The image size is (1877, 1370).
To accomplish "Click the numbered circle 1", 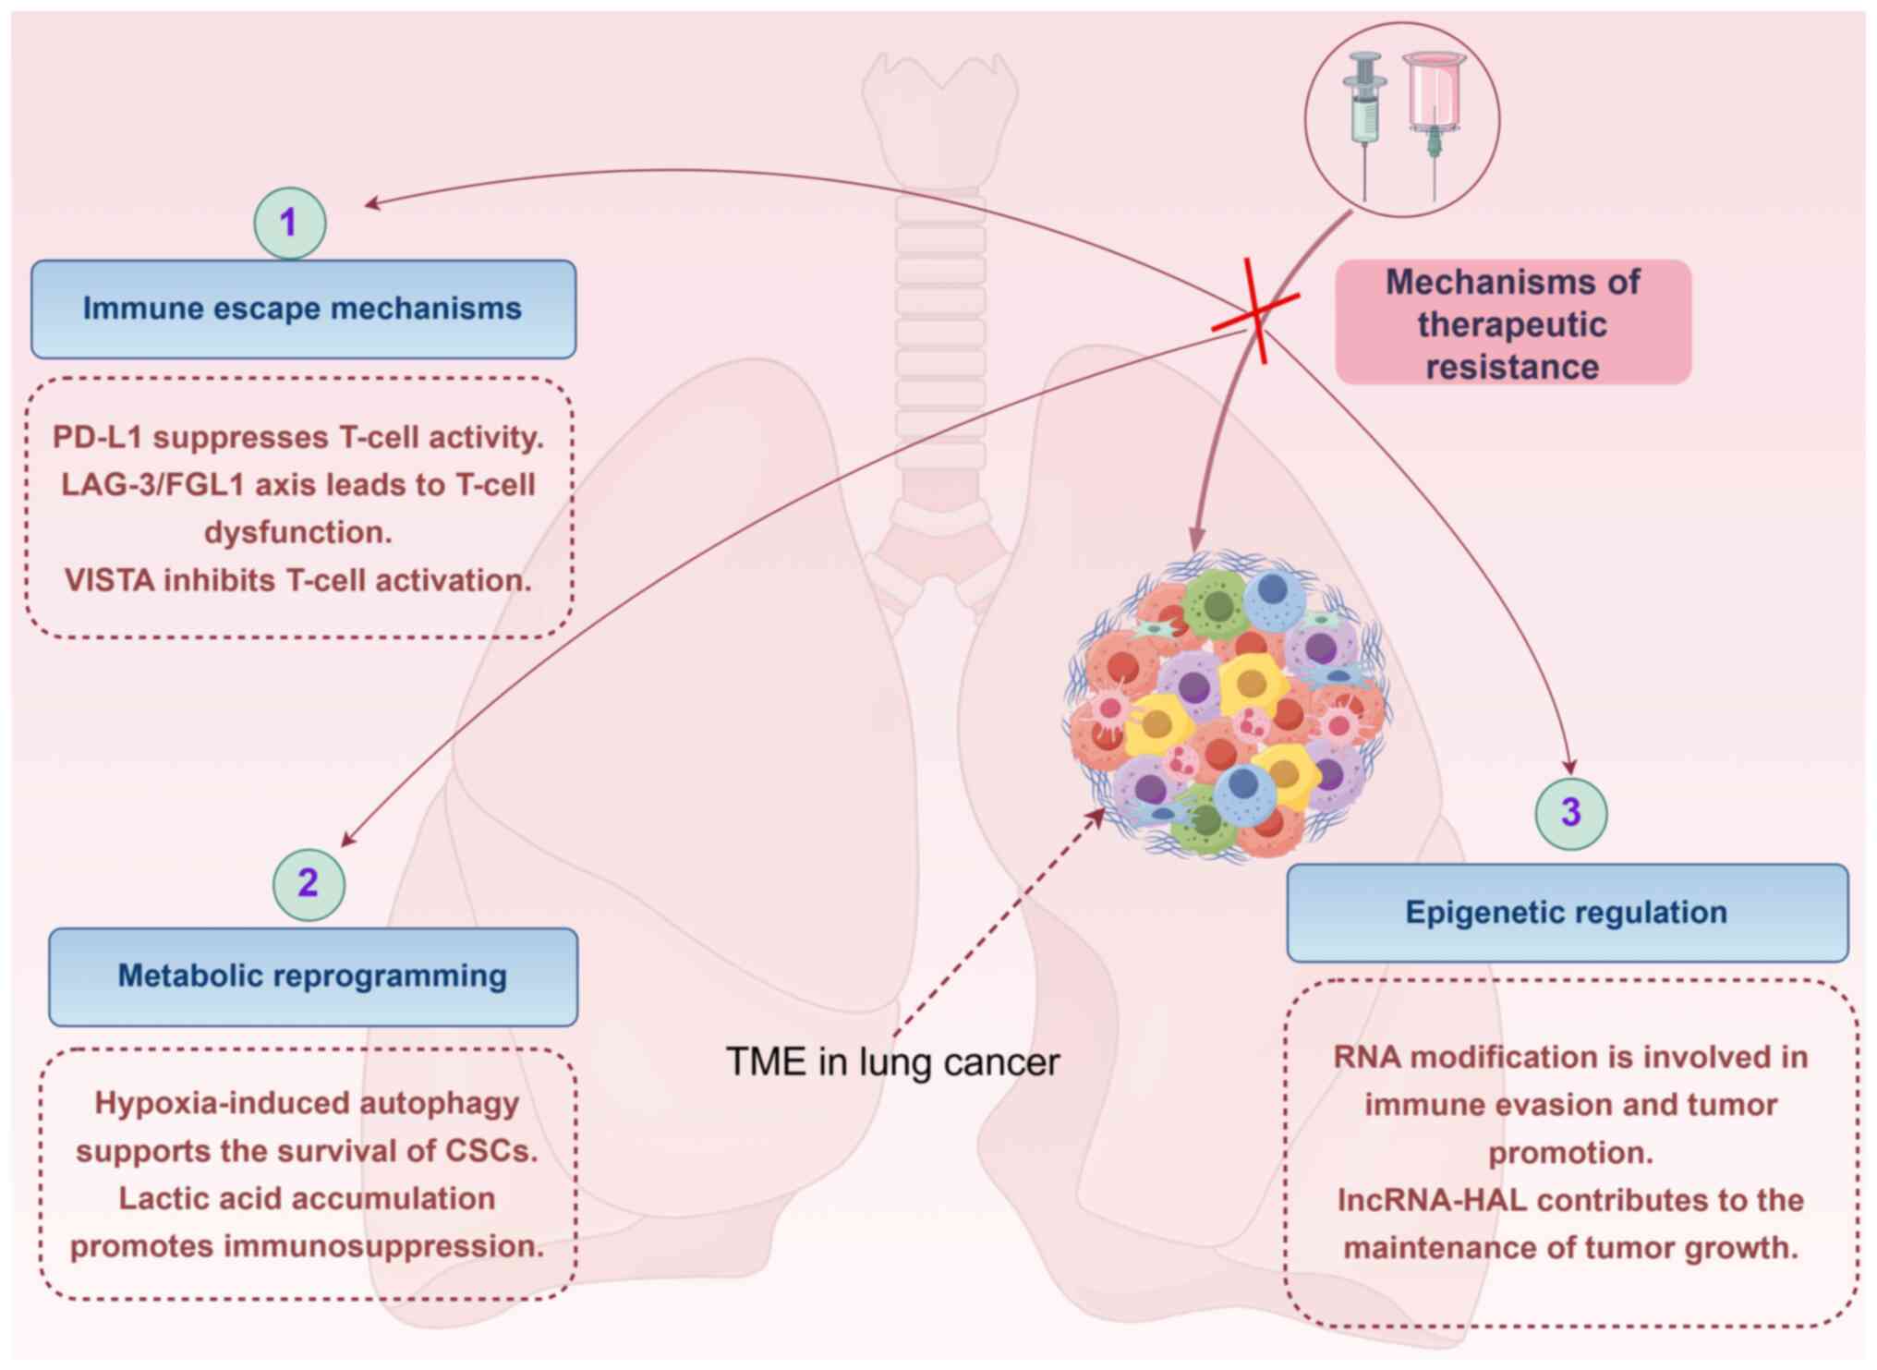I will (289, 223).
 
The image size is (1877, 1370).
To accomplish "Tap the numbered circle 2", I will (309, 884).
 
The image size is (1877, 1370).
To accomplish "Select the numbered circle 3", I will (1570, 813).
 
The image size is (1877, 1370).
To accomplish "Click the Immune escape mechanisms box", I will (303, 309).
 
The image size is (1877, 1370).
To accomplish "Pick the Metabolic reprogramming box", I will (312, 976).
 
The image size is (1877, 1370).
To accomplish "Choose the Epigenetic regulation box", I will (1567, 913).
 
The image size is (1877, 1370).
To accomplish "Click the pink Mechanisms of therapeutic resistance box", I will (1512, 323).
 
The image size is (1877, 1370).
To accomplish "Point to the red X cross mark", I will (1255, 312).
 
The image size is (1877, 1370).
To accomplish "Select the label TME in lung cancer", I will (892, 1062).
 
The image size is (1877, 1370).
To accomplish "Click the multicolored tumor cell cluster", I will (1229, 707).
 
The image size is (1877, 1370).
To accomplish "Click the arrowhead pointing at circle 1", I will (371, 203).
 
